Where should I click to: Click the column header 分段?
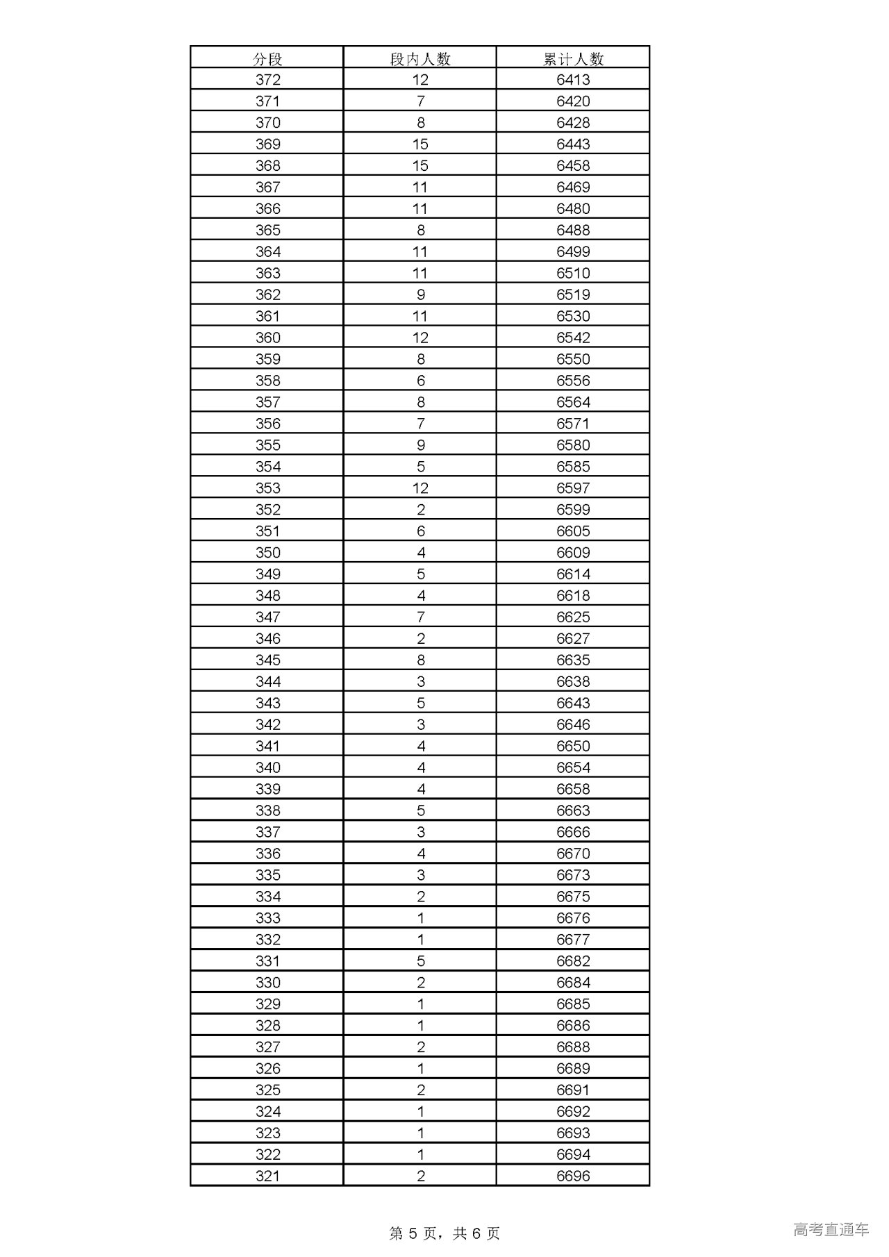pos(267,59)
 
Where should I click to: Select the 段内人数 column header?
pos(420,59)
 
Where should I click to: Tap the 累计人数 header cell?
pos(573,59)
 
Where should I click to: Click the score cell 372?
pos(267,80)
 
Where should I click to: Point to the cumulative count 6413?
pos(573,80)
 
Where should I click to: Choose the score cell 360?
pos(267,338)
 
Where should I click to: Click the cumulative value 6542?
pos(573,338)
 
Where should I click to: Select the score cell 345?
pos(267,660)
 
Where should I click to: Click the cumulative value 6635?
pos(573,660)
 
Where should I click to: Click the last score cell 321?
pos(267,1176)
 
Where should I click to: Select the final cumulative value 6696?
pos(573,1176)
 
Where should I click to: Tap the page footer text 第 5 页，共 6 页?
pos(444,1233)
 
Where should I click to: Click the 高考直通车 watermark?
pos(831,1230)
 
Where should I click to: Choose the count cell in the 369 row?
pos(420,144)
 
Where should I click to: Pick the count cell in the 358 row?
pos(420,381)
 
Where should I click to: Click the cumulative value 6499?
pos(573,252)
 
